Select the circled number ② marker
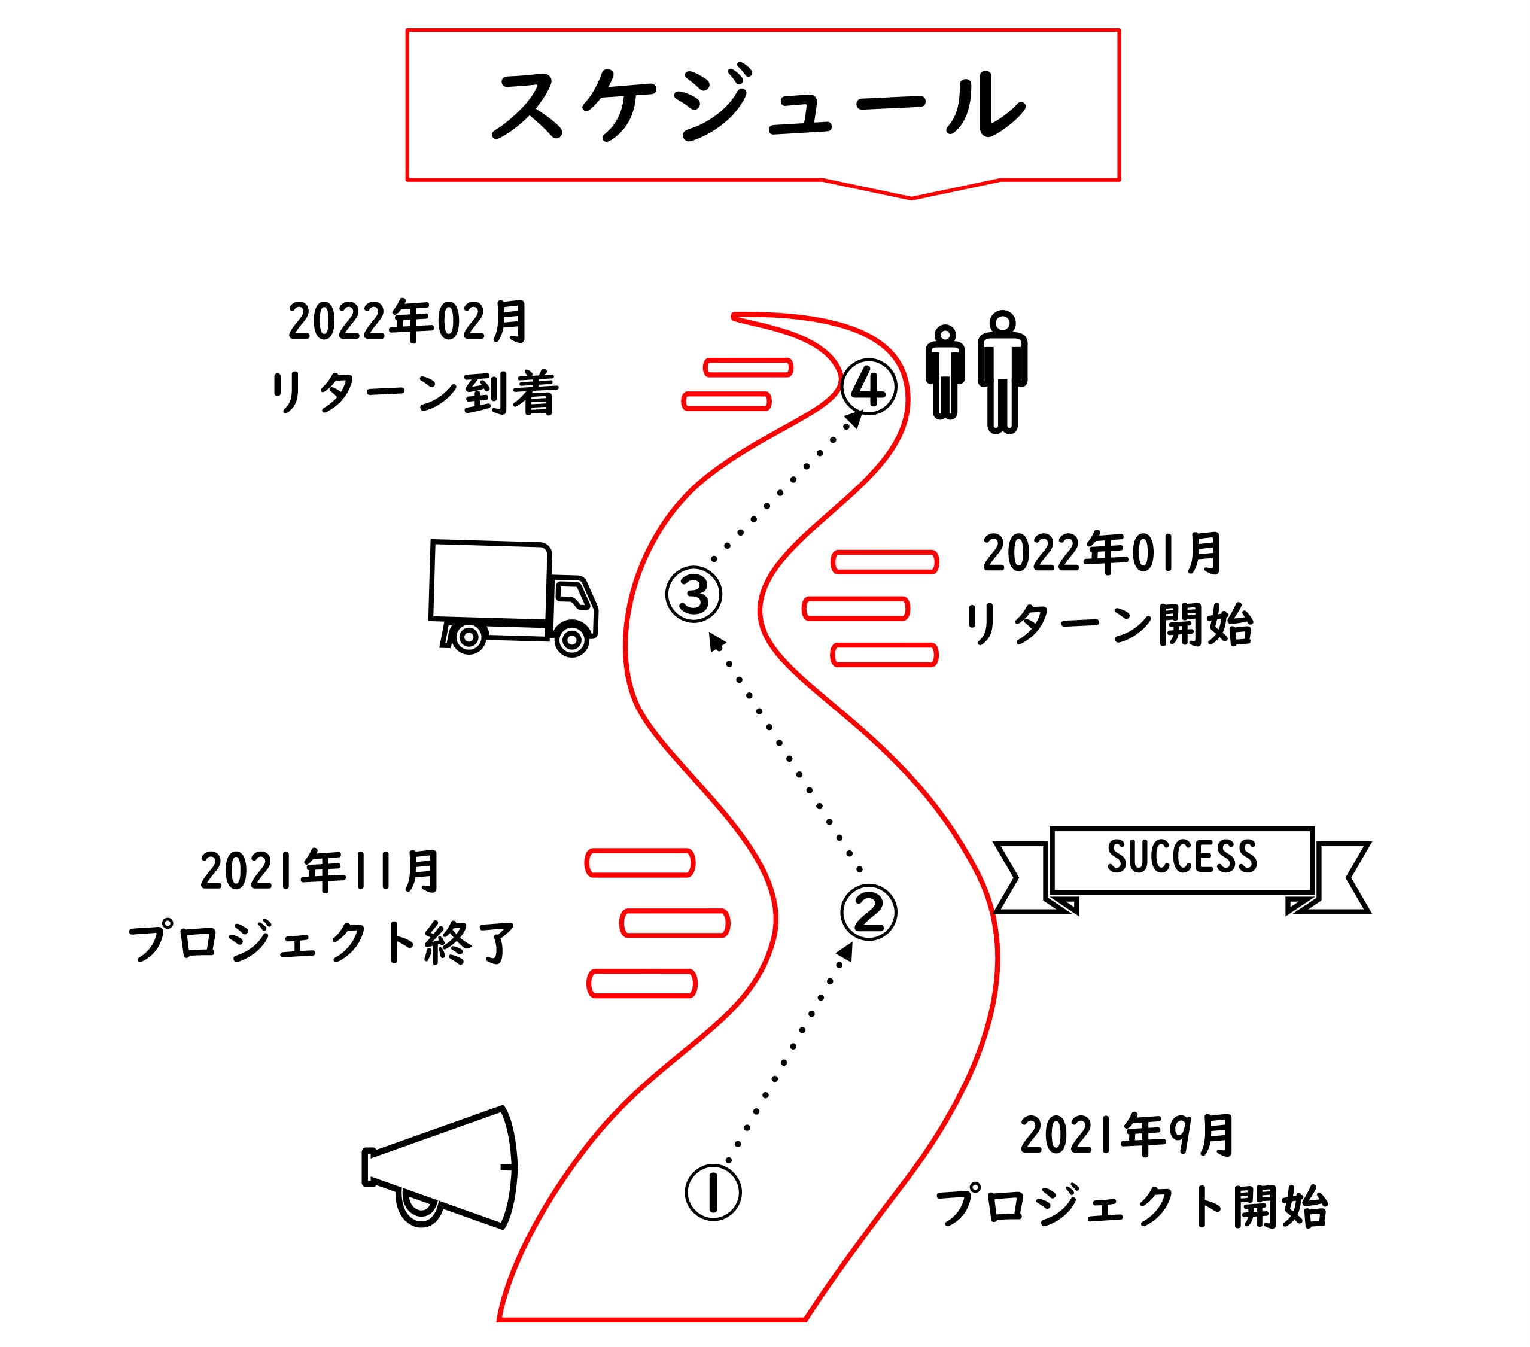coord(868,912)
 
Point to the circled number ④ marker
coord(868,387)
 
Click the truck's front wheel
coord(572,640)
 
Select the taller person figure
coord(1002,372)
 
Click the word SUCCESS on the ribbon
coord(1182,858)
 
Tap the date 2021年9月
coord(1127,1136)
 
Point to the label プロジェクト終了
coord(323,942)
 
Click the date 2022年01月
coord(1102,554)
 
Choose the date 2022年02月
coord(409,322)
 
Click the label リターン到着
coord(414,393)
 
